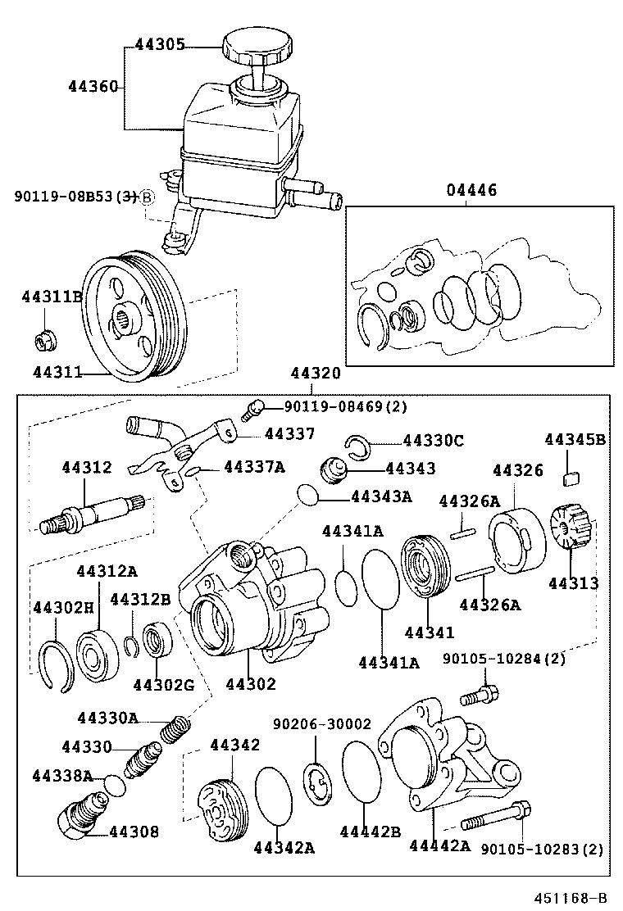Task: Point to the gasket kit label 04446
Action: point(471,191)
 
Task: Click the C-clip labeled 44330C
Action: point(357,446)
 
